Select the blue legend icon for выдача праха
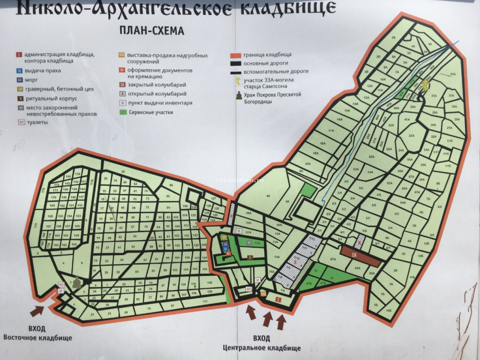(19, 71)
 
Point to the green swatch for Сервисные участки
(123, 112)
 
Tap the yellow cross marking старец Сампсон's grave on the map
(426, 85)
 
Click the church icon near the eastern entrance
(76, 283)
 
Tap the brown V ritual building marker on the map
(250, 257)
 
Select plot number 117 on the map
(205, 301)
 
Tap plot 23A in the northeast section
(412, 135)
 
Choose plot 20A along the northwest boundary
(307, 164)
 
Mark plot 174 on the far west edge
(35, 226)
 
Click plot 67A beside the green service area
(333, 259)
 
